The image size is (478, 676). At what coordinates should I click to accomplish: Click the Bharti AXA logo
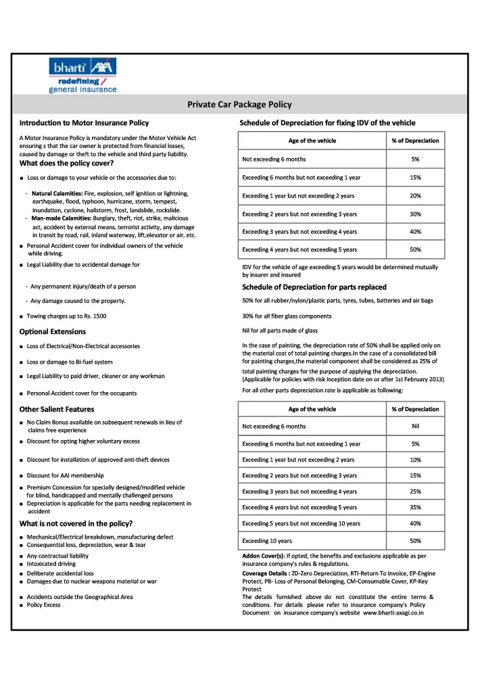click(x=82, y=75)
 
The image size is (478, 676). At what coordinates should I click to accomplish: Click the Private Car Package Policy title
click(x=239, y=104)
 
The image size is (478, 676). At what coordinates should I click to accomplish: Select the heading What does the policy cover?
click(x=66, y=163)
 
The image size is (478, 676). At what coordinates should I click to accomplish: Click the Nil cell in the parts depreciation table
click(x=415, y=426)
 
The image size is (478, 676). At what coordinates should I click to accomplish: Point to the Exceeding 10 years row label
click(x=267, y=541)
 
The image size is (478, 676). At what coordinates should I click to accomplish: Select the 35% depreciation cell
click(x=415, y=507)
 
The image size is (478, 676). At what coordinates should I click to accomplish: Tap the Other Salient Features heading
click(x=57, y=409)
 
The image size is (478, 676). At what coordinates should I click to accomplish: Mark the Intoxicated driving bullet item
click(x=51, y=563)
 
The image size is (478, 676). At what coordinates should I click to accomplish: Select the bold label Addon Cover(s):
click(x=264, y=555)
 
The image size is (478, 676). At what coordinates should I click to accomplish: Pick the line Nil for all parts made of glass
click(x=279, y=331)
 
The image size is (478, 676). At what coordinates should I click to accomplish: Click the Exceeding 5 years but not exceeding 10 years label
click(x=301, y=523)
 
